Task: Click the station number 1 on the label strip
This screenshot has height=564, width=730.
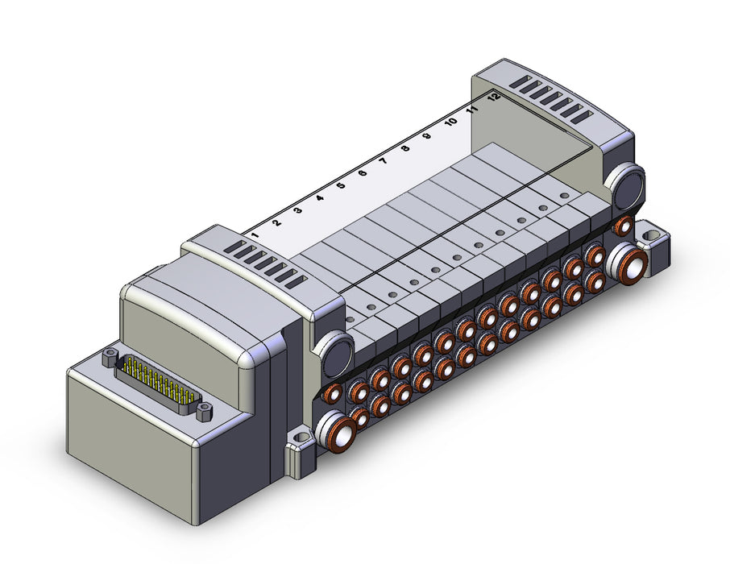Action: [x=255, y=235]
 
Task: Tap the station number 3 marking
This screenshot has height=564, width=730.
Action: [x=298, y=210]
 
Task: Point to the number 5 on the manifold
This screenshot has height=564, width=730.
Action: [x=341, y=185]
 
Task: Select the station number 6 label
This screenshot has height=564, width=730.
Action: [x=363, y=173]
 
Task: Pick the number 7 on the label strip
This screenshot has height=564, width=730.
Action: [x=384, y=161]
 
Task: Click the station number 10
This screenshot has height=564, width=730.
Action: [x=450, y=122]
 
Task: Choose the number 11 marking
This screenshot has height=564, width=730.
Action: [x=472, y=110]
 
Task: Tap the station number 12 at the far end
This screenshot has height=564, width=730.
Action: [x=494, y=97]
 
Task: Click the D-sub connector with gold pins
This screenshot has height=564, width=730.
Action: [x=158, y=383]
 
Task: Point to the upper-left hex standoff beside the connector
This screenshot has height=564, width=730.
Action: [x=109, y=357]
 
